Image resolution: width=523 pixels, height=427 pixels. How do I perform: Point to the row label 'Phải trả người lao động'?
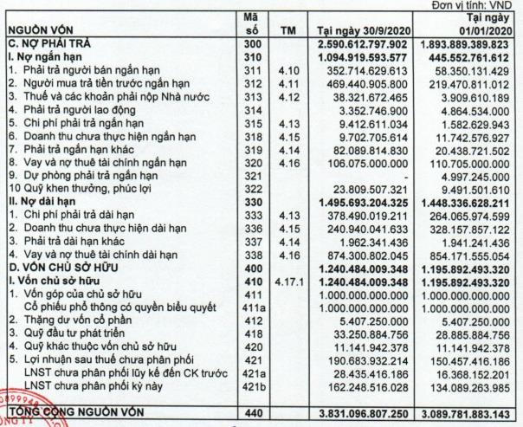click(69, 111)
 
